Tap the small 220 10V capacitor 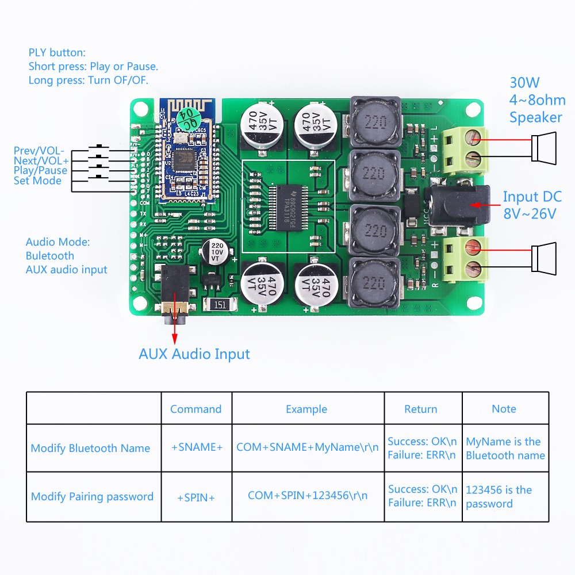217,252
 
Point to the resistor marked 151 219,305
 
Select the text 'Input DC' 532,197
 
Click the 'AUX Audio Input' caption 194,354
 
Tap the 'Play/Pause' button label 40,171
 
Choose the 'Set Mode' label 37,181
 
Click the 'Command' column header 195,409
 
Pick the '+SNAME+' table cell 197,448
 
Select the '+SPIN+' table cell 196,497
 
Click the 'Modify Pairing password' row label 92,496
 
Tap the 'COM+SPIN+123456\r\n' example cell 308,495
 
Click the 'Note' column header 504,409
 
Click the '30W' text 524,82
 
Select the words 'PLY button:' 57,52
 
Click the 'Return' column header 420,409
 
